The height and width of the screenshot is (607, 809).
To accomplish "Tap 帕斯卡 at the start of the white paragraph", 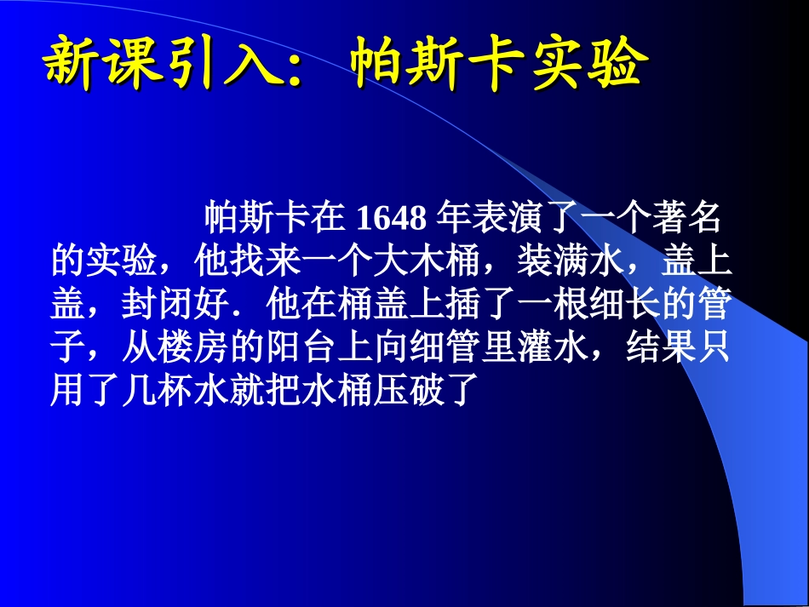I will pos(256,219).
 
